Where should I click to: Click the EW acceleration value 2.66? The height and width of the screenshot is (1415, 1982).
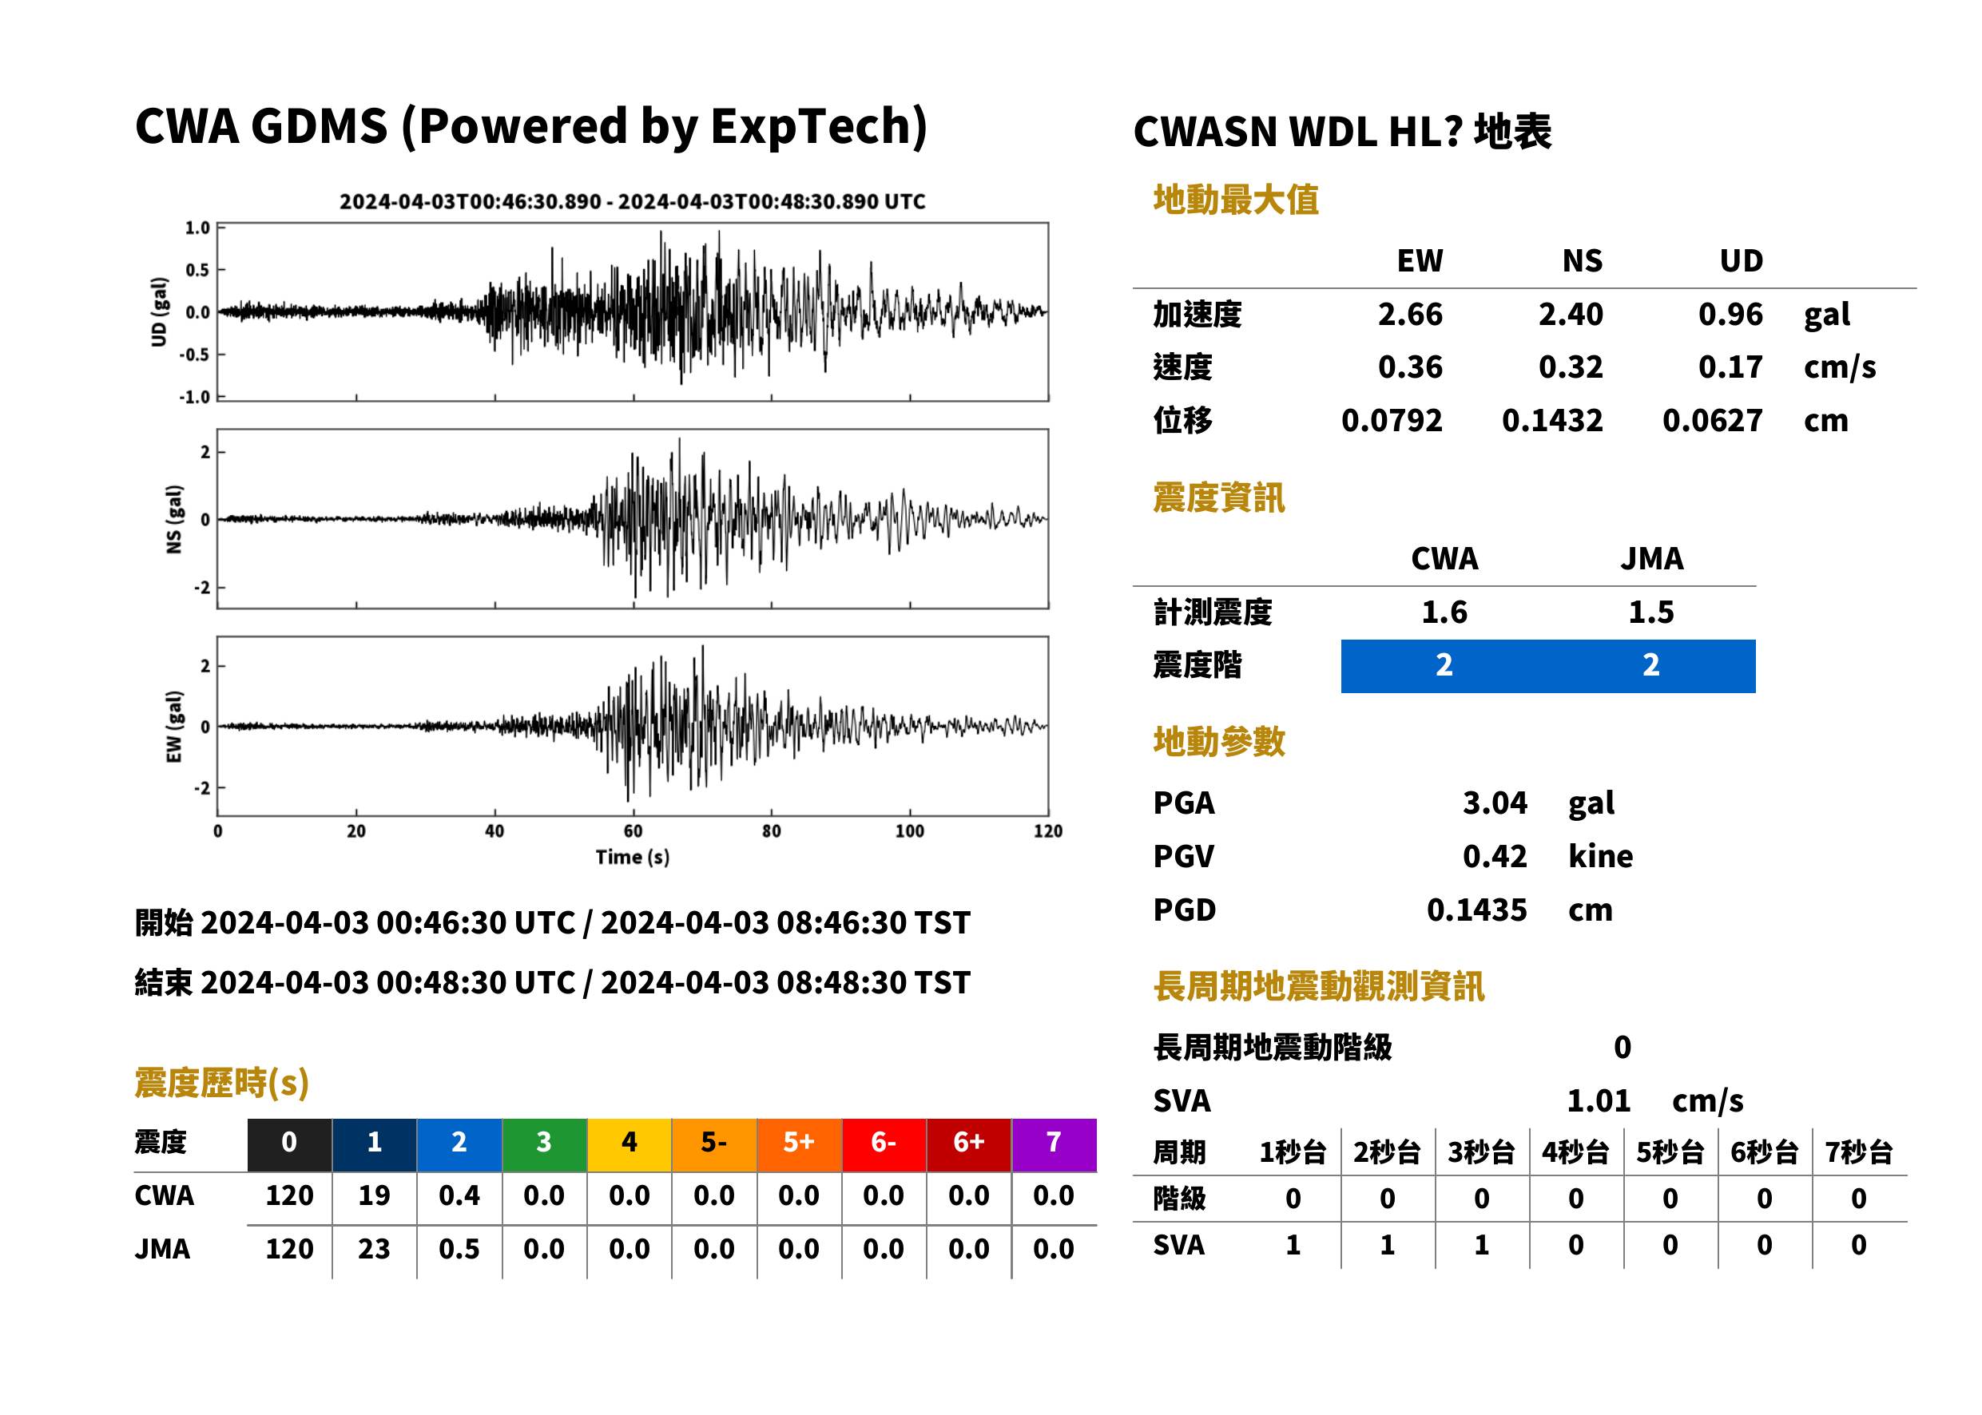tap(1409, 314)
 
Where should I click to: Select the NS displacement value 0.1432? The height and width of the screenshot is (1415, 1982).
tap(1551, 420)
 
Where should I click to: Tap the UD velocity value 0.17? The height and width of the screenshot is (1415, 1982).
tap(1730, 367)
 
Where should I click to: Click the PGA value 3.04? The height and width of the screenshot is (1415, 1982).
tap(1495, 803)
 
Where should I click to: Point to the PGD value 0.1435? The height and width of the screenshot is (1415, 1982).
tap(1476, 910)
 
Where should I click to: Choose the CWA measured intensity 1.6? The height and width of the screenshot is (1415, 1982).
tap(1444, 612)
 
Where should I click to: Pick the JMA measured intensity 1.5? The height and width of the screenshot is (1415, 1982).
tap(1650, 612)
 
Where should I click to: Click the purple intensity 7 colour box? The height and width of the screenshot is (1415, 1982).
tap(1054, 1144)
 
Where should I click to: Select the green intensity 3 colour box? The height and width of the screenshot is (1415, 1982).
tap(544, 1144)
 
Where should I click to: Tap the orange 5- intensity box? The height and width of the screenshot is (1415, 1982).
tap(714, 1144)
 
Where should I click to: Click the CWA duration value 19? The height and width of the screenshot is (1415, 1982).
tap(374, 1195)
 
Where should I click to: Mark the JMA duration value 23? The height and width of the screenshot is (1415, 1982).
tap(374, 1249)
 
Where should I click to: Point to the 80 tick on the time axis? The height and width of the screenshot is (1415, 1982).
tap(772, 831)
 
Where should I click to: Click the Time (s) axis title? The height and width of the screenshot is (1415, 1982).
tap(633, 858)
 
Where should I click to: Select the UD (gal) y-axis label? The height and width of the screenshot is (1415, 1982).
tap(159, 312)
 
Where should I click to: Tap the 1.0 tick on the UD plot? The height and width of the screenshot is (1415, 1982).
tap(197, 228)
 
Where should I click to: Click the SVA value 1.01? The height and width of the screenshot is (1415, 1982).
tap(1599, 1100)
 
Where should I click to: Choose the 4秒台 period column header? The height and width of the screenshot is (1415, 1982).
tap(1575, 1151)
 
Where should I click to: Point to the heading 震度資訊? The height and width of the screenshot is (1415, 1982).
tap(1218, 497)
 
